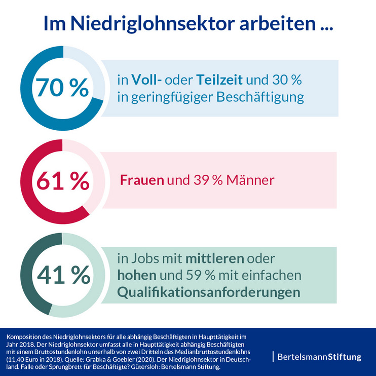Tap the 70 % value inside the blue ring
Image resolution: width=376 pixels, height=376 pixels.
coord(61,88)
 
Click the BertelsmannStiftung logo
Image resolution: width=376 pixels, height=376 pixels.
coord(319,357)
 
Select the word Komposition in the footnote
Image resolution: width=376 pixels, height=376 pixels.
coord(24,336)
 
